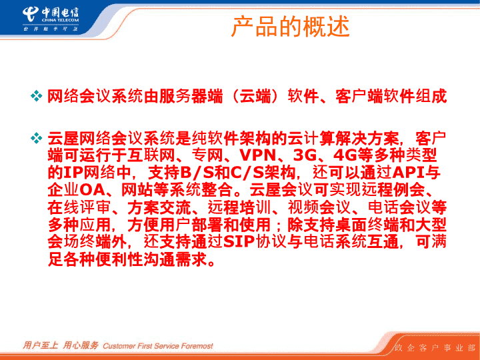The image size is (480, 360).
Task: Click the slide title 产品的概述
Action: point(290,27)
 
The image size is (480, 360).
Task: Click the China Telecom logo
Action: point(51,19)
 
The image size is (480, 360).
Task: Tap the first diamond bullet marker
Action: point(37,96)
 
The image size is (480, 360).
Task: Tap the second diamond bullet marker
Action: point(37,138)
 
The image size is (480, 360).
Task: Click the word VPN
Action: point(258,155)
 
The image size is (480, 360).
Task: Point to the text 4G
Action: point(345,155)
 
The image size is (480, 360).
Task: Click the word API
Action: point(409,173)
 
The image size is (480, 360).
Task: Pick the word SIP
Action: point(239,242)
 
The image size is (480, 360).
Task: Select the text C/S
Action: point(247,173)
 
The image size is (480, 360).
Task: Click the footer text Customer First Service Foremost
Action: point(158,346)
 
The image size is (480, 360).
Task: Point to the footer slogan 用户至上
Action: point(41,345)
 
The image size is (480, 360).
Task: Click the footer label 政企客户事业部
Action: point(435,348)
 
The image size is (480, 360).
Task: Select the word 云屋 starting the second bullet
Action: point(63,138)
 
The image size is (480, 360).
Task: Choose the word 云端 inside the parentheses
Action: point(255,96)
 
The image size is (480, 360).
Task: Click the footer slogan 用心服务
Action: point(81,345)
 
